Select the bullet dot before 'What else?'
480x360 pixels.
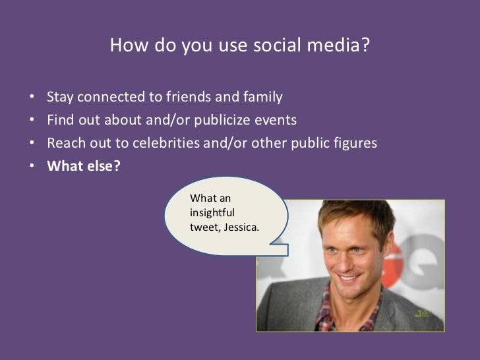(x=32, y=166)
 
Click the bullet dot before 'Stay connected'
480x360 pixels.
(x=32, y=100)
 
